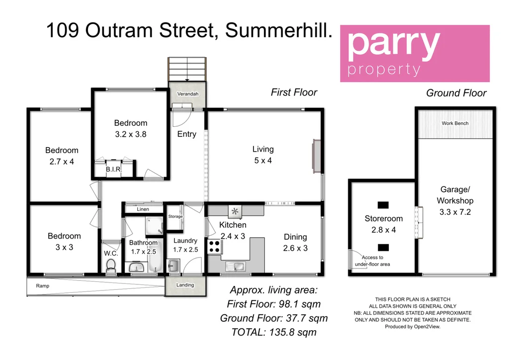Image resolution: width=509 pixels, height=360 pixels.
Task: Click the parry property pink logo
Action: coord(415,54)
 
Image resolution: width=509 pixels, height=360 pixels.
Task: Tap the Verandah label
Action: coord(187,94)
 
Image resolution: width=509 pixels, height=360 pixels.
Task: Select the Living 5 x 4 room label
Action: coord(262,155)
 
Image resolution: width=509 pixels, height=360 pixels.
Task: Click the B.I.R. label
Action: coord(113,170)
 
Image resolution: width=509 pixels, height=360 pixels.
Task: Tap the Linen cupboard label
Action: coord(143,209)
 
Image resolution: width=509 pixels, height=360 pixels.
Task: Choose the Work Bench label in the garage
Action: coord(455,123)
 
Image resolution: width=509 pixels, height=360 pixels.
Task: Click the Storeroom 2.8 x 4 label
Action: coord(383,224)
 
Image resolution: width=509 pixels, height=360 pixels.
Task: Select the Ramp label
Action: coord(43,286)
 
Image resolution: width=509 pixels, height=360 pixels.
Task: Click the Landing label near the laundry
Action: coord(185,285)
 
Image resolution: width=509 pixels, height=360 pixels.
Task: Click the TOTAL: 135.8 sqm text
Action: coord(274,332)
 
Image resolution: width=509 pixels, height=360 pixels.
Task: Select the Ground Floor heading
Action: coord(456,93)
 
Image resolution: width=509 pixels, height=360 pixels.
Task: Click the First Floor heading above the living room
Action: coord(294,92)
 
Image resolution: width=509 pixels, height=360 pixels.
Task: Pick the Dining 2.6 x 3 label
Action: coord(295,242)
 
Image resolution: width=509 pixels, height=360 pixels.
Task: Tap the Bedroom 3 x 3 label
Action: coord(64,242)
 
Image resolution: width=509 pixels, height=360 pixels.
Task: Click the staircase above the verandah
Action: coord(186,69)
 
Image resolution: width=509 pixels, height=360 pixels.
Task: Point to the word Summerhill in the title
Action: coord(278,31)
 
